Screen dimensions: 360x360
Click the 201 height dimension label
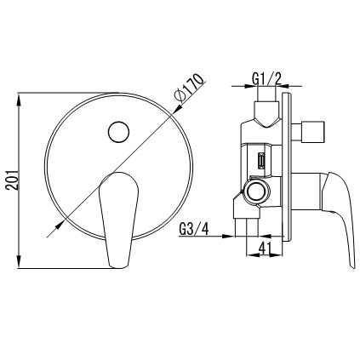click(x=12, y=180)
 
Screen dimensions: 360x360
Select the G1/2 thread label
click(x=266, y=78)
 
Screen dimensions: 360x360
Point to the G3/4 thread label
click(x=194, y=229)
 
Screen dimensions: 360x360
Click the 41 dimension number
click(x=264, y=248)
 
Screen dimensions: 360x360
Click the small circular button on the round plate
click(x=118, y=132)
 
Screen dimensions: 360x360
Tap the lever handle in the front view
click(x=118, y=220)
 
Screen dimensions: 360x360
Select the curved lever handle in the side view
click(x=338, y=215)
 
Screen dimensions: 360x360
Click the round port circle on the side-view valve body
click(x=257, y=191)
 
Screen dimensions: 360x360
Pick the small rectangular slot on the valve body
click(x=261, y=161)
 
